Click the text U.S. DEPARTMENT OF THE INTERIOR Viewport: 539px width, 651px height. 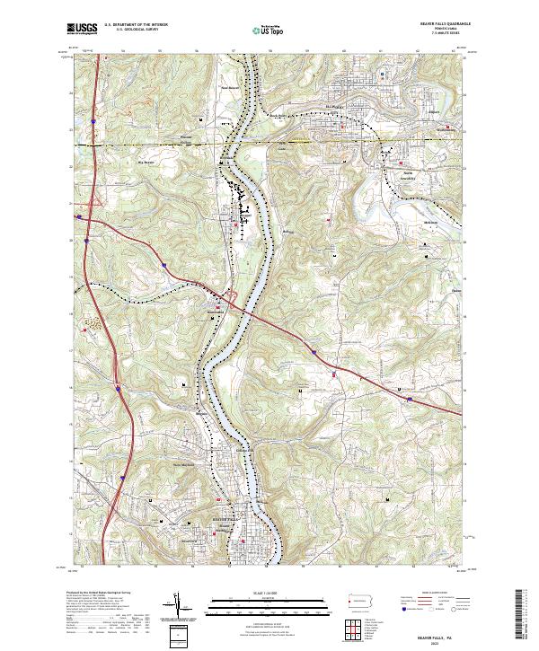pos(135,26)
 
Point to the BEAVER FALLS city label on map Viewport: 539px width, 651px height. pos(226,520)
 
